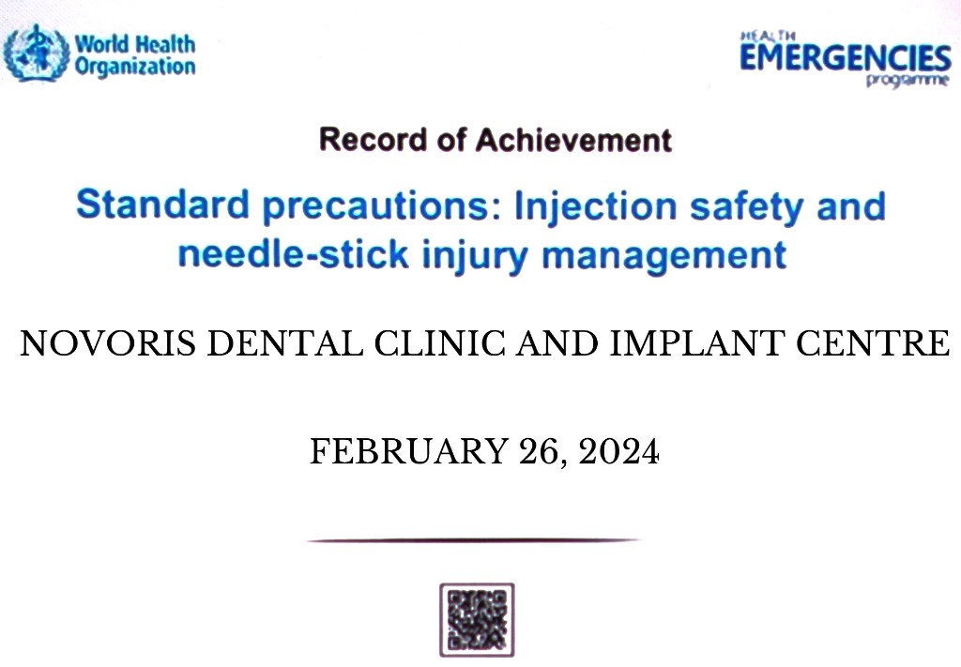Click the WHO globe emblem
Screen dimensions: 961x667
pos(36,53)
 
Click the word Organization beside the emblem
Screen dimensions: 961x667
pos(135,67)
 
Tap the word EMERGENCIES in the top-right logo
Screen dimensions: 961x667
pos(846,58)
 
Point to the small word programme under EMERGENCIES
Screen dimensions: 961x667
pos(908,81)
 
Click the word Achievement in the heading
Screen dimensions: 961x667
pos(573,140)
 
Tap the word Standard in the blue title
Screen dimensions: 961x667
pos(162,205)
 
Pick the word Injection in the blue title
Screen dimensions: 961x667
pos(596,206)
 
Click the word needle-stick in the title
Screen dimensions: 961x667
pos(293,253)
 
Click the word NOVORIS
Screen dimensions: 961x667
pos(108,343)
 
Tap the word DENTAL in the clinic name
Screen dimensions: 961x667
pos(285,343)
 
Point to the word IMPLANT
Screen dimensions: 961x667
pos(697,343)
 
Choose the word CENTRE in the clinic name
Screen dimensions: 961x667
pos(873,343)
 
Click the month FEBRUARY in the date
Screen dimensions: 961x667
pos(409,451)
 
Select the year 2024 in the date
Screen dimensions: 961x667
pos(618,451)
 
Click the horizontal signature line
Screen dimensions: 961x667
pos(473,540)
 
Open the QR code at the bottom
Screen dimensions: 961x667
pos(477,620)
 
